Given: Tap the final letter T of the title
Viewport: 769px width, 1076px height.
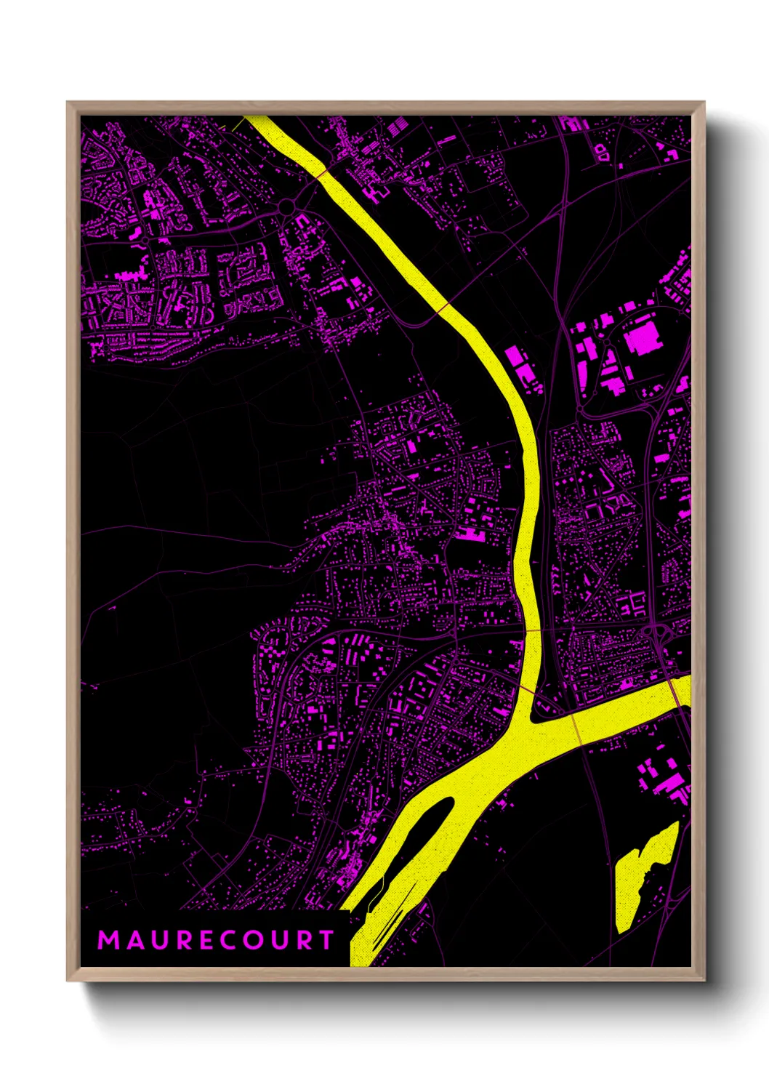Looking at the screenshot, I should (x=326, y=940).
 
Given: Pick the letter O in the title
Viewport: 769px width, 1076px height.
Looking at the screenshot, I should (x=254, y=940).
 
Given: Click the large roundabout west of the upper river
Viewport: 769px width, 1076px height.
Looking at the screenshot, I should (x=286, y=208).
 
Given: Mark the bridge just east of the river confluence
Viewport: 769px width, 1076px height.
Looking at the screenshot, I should (x=577, y=727).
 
